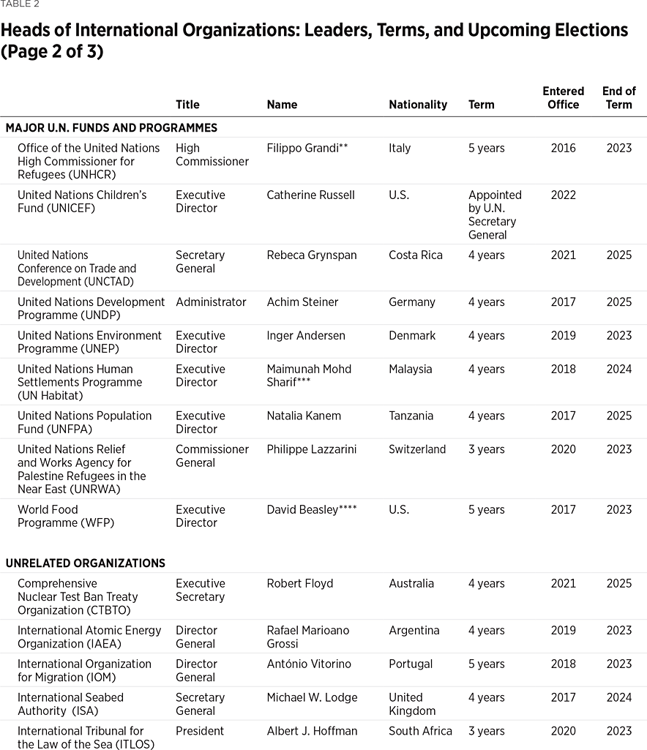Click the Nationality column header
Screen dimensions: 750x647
click(417, 105)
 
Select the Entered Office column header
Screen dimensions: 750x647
click(563, 98)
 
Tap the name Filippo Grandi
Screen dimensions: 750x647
click(307, 148)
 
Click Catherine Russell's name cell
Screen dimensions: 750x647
click(310, 195)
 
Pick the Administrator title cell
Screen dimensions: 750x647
click(211, 301)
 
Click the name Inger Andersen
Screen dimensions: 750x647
click(305, 335)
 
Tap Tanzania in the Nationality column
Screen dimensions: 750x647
click(411, 416)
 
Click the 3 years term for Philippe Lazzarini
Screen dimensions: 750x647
click(486, 449)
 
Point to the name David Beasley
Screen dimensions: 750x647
click(311, 509)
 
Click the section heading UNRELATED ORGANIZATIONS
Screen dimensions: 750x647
click(86, 563)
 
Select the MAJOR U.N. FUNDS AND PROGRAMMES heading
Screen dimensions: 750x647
click(111, 128)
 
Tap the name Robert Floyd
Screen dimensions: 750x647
click(299, 583)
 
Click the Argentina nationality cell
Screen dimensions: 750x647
click(414, 630)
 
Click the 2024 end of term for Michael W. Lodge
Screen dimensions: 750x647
click(618, 697)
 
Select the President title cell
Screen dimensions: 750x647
click(200, 731)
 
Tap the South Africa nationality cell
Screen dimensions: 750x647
click(420, 731)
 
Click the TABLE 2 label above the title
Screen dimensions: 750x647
click(20, 4)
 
